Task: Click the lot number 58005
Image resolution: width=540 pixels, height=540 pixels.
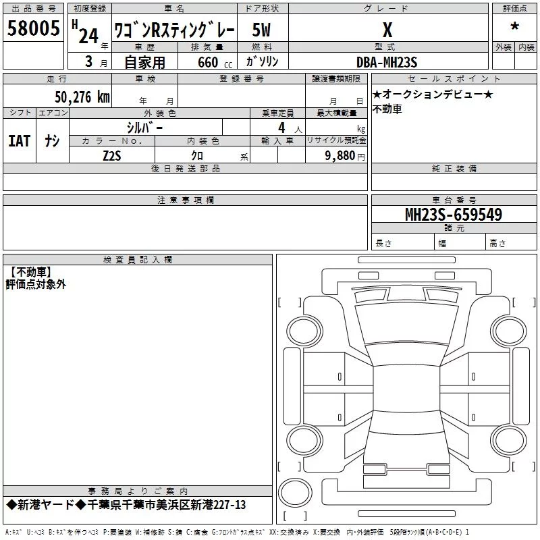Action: [x=33, y=28]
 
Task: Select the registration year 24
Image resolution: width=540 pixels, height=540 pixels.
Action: [x=88, y=36]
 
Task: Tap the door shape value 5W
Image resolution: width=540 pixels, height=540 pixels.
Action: [x=261, y=30]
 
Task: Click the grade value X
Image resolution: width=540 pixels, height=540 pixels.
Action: [x=387, y=30]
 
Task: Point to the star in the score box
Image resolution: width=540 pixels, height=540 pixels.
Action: [x=514, y=26]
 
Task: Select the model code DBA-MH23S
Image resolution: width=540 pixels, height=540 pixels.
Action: [x=387, y=62]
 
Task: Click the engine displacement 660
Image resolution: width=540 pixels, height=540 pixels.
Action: [x=208, y=62]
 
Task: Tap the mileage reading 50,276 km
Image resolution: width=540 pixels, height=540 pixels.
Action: [x=82, y=97]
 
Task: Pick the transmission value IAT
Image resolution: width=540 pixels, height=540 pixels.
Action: [x=20, y=141]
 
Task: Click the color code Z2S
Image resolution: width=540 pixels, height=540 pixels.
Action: [x=112, y=156]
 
